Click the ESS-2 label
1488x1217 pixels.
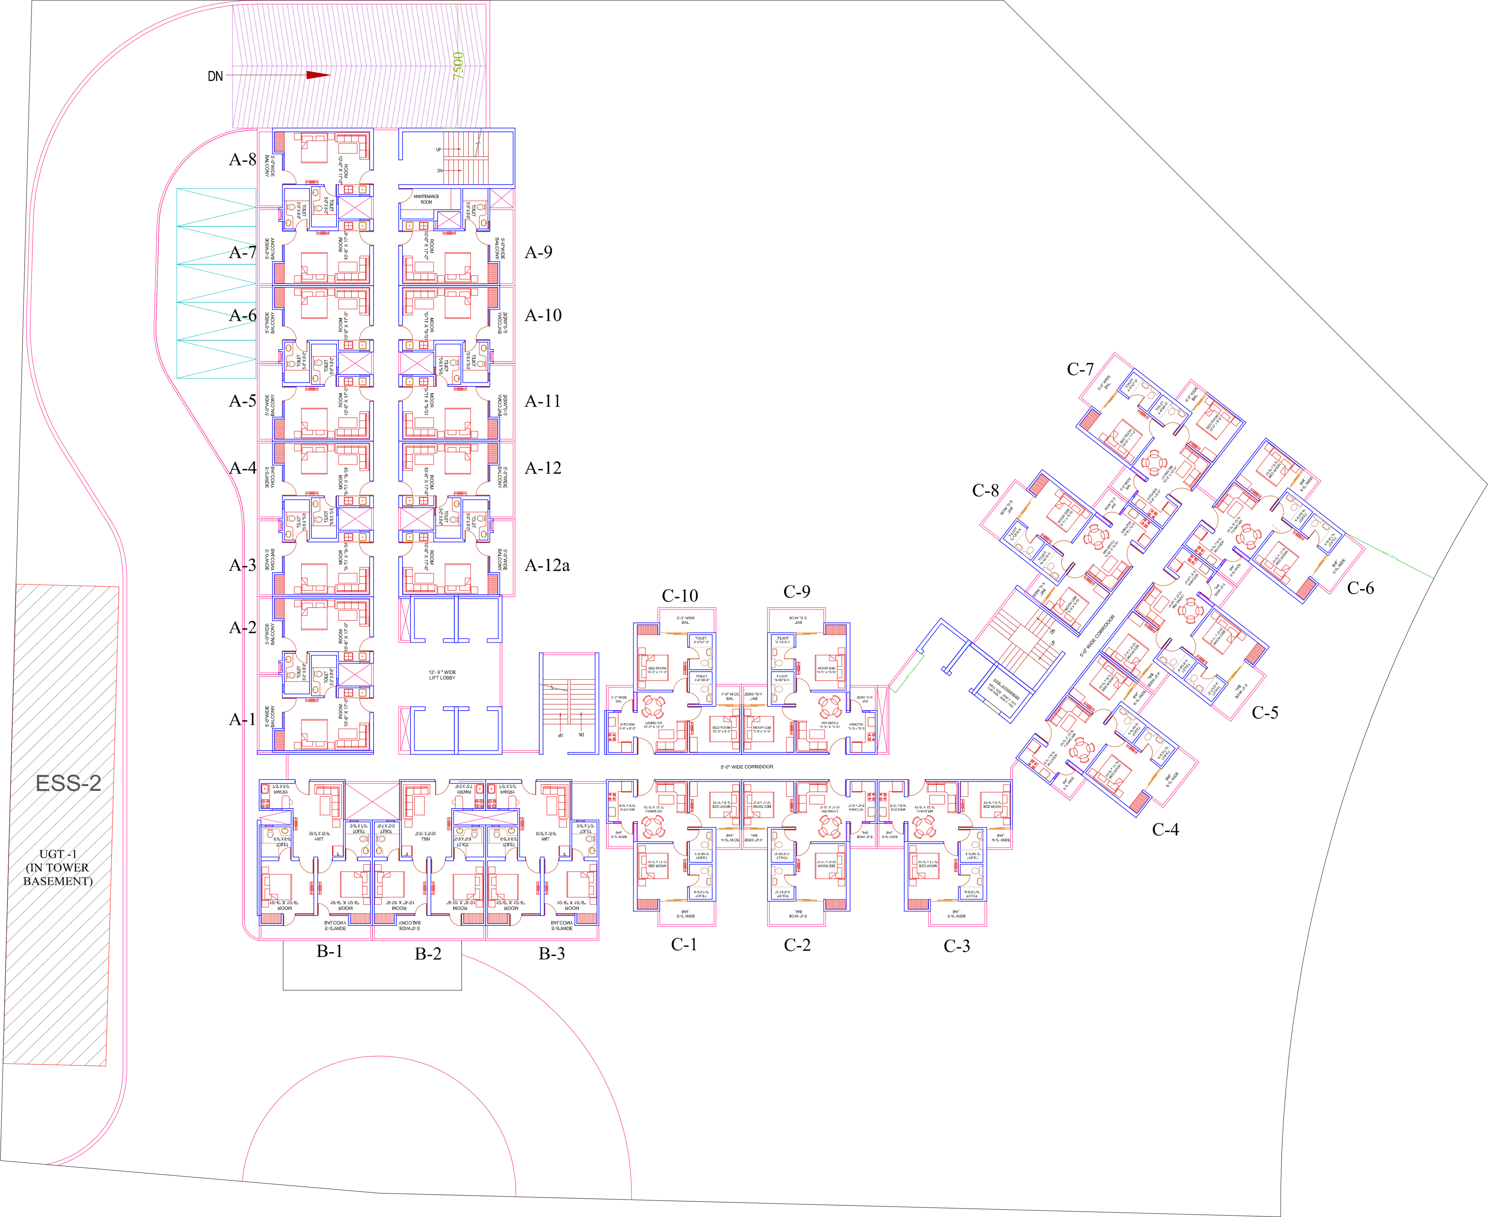[69, 783]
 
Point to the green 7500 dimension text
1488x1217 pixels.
[458, 65]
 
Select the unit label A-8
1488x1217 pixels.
[242, 160]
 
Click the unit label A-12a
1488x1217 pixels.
[547, 566]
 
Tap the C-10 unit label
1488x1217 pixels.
[680, 596]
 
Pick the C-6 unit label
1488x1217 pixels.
[1361, 588]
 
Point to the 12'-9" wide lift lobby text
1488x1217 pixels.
[442, 675]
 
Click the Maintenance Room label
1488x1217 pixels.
[426, 199]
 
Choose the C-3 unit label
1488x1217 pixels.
[957, 947]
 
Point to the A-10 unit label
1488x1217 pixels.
[543, 316]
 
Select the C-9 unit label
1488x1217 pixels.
[797, 592]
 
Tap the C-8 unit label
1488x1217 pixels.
[985, 491]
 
